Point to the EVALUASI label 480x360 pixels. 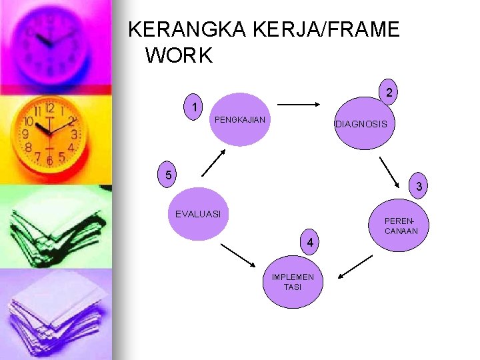click(x=198, y=214)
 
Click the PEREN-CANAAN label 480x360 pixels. click(x=401, y=226)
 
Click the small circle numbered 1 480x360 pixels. click(x=193, y=107)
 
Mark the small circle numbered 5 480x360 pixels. click(x=169, y=175)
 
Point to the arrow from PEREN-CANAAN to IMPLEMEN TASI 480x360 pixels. click(x=355, y=265)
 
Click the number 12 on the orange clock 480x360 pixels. click(x=50, y=107)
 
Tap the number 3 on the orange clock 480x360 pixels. click(x=75, y=133)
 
